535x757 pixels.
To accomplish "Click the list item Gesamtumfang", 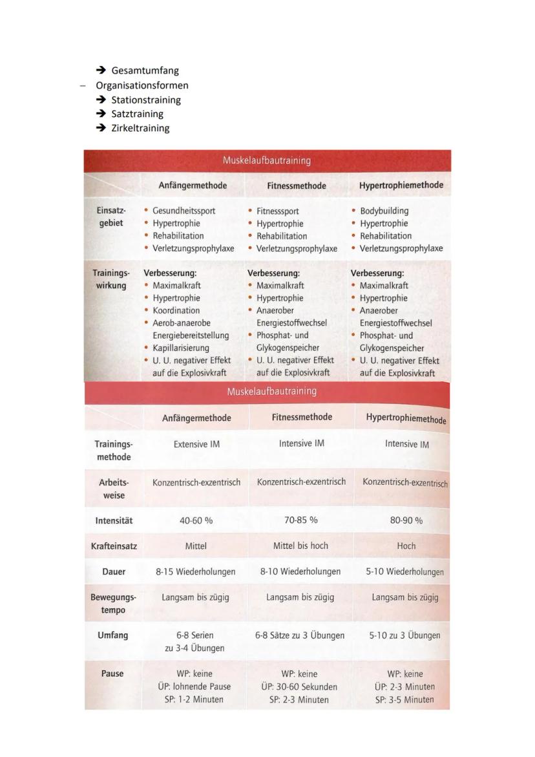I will (x=145, y=70).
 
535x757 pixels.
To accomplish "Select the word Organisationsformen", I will (x=142, y=85).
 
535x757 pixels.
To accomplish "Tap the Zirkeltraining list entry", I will (x=140, y=128).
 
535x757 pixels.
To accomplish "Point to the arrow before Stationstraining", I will (x=101, y=100).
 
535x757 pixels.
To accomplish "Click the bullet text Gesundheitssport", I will (x=184, y=211).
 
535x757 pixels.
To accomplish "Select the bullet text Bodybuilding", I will (x=384, y=211).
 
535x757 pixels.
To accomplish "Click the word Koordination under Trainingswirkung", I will (x=176, y=310).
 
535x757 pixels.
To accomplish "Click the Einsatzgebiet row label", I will (x=111, y=217).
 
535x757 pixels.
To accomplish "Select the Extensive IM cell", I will (x=196, y=444).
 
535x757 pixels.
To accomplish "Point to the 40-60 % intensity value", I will (x=196, y=520).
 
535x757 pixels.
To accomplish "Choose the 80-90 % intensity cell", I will (x=406, y=520).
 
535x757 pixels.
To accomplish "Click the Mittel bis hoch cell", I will (x=300, y=546).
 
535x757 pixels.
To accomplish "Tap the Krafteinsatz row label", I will (x=114, y=546).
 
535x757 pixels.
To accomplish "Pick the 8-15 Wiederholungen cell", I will (x=195, y=572).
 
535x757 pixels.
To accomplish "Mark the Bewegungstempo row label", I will (x=113, y=604).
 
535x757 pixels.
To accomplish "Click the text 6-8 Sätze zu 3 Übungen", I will (x=300, y=635).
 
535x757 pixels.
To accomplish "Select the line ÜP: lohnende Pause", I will (x=194, y=687).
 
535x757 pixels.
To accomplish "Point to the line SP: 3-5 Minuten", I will (x=404, y=699).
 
